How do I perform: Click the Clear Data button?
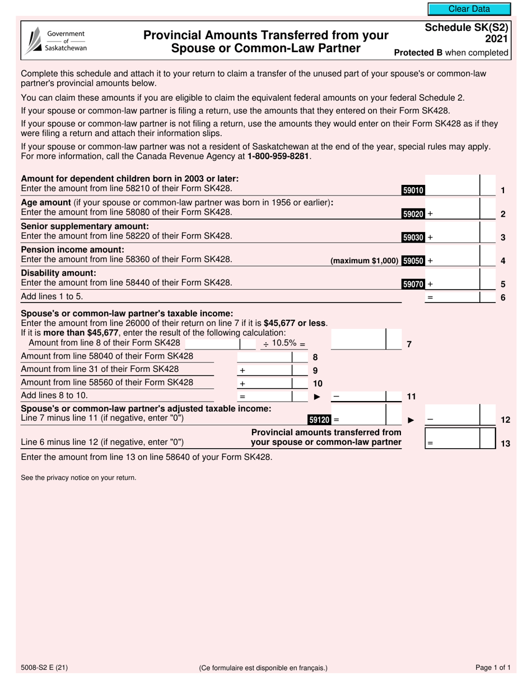469,9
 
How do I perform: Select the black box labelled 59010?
413,190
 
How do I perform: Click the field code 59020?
413,214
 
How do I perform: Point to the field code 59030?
413,238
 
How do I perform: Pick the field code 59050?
413,260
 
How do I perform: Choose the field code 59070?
413,284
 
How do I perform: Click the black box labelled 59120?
319,419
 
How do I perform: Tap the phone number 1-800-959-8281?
278,157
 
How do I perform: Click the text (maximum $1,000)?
365,260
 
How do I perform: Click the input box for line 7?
358,339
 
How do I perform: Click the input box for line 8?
264,357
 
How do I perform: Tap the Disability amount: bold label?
58,273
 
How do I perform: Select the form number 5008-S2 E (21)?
45,667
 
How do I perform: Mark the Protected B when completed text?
451,53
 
